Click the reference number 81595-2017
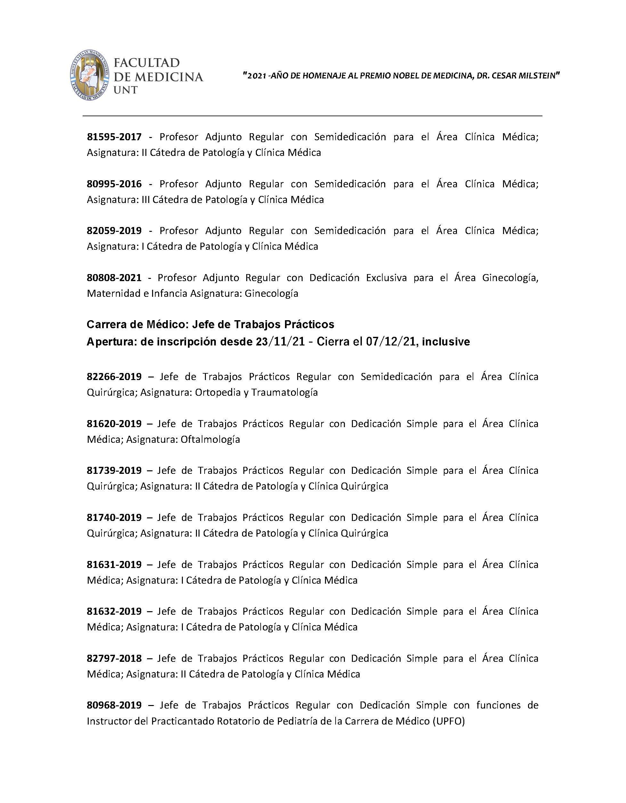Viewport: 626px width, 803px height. (114, 137)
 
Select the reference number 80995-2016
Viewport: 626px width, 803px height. (114, 184)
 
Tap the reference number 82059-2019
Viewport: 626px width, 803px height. (114, 231)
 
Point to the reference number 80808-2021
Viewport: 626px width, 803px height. (114, 278)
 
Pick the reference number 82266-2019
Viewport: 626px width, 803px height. (114, 377)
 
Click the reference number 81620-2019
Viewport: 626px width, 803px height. (114, 424)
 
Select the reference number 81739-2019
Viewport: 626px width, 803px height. (114, 470)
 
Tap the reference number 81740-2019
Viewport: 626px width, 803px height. (114, 517)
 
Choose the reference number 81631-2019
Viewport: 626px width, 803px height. (114, 564)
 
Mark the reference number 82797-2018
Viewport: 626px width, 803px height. (114, 658)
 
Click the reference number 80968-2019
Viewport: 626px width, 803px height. (114, 705)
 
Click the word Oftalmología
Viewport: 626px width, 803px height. (210, 439)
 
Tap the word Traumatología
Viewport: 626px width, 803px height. (285, 392)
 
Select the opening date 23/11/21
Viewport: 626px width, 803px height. (280, 342)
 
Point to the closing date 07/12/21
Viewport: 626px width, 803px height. (391, 342)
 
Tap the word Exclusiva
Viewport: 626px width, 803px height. (386, 278)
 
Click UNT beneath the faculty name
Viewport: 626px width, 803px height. (126, 90)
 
